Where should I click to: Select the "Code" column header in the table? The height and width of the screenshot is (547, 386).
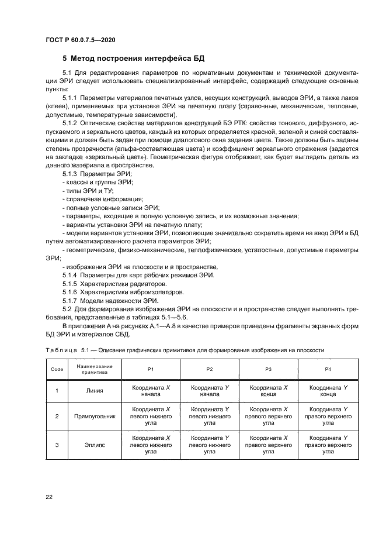tap(57, 370)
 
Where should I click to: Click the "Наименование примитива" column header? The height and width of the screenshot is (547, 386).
tap(94, 370)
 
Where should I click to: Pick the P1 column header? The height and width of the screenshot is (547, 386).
tap(151, 370)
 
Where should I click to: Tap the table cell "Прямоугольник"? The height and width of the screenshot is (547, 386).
tap(94, 417)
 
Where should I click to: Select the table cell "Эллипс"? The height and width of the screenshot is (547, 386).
tap(94, 445)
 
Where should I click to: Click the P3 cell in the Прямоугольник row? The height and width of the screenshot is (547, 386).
tap(268, 417)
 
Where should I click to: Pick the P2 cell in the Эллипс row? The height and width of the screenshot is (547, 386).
tap(210, 445)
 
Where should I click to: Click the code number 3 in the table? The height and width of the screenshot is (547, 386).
tap(57, 445)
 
